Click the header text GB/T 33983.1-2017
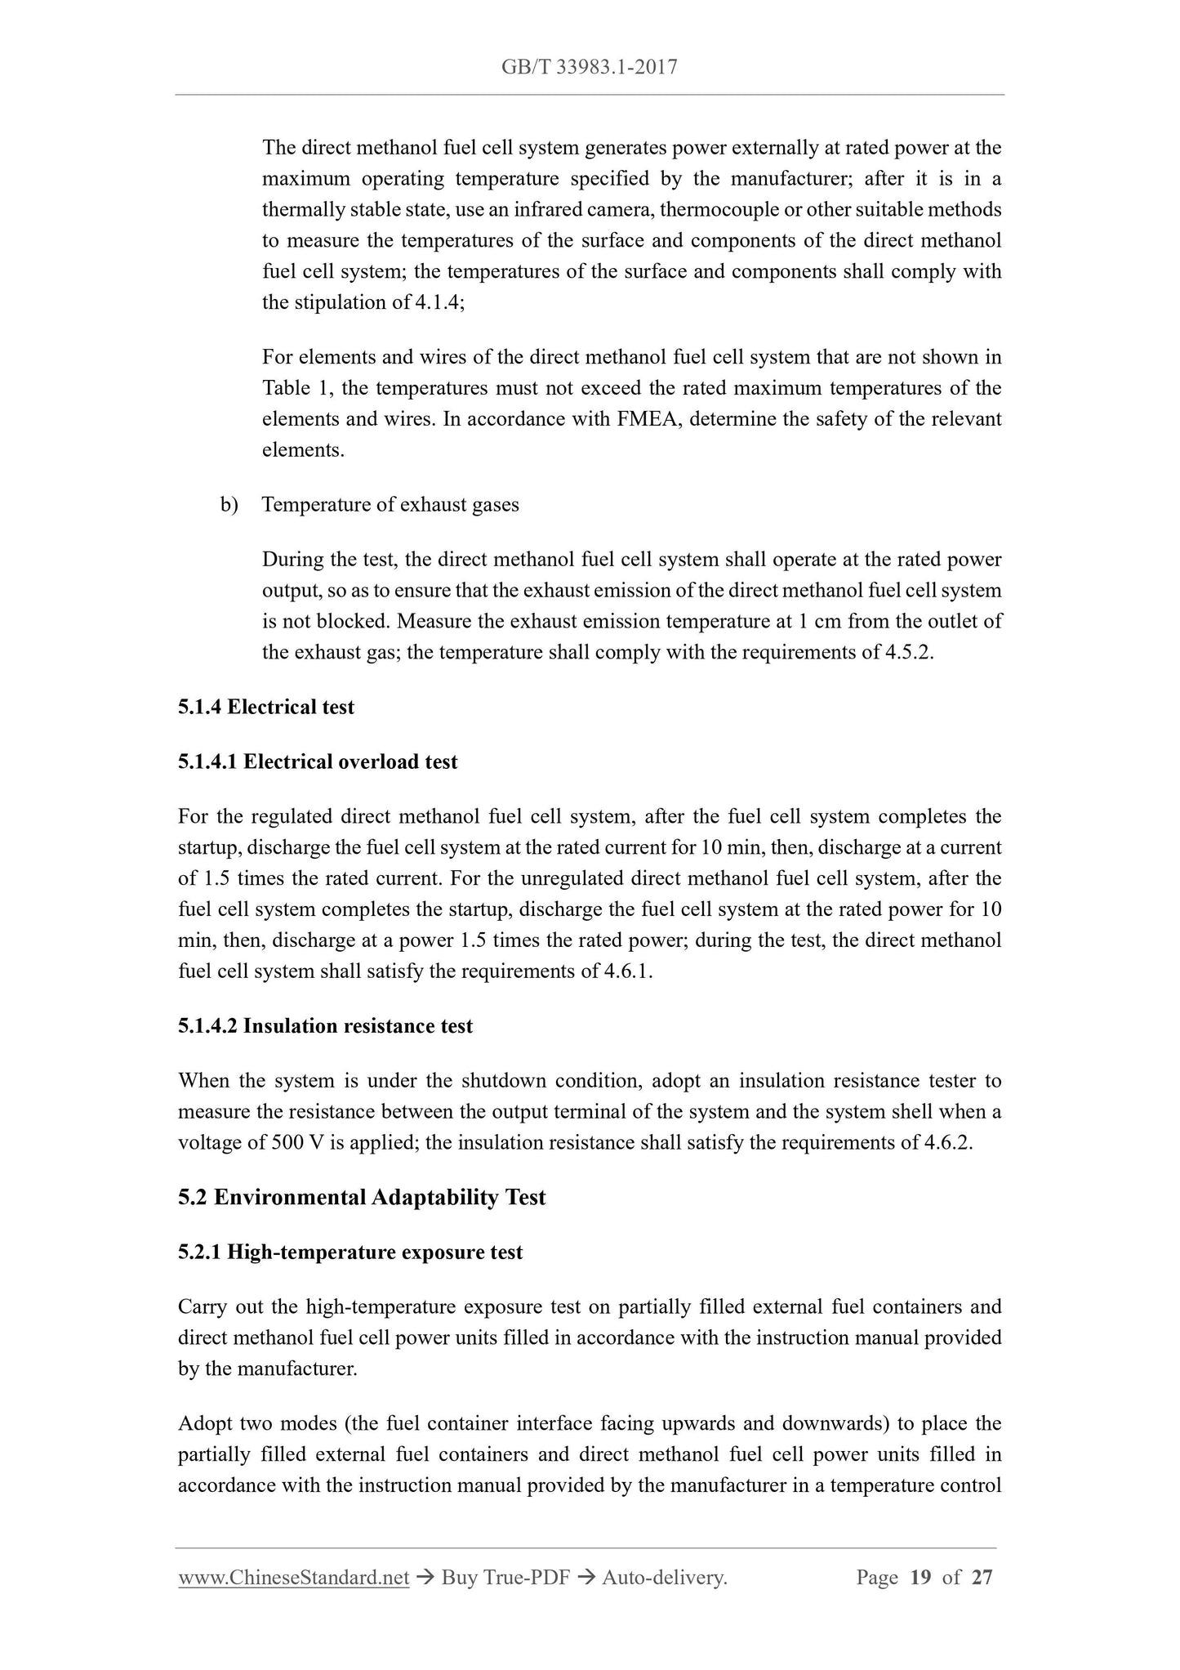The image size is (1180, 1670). coord(589,67)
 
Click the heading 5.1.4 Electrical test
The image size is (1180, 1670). coord(266,707)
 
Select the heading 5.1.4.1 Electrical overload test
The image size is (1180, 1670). coord(318,761)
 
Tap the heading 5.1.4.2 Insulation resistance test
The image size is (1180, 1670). coord(325,1025)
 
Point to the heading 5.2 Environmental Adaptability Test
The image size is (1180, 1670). coord(362,1197)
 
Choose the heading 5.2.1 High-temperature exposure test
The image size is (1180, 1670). coord(350,1252)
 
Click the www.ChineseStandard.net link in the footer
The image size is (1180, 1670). coord(293,1578)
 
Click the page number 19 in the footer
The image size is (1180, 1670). coord(920,1578)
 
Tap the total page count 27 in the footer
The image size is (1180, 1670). coord(982,1578)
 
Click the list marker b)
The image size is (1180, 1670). coord(229,504)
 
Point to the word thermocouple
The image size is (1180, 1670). coord(719,210)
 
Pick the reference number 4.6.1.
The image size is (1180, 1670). coord(630,971)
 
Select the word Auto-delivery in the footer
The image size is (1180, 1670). coord(663,1578)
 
